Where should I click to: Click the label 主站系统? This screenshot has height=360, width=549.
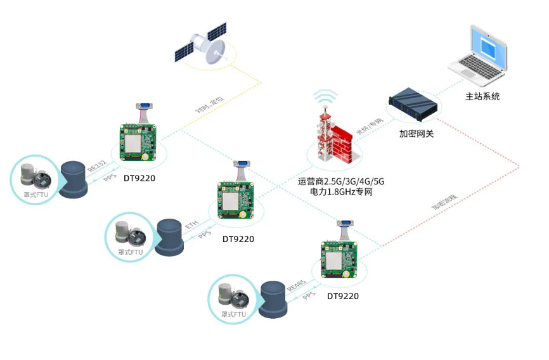pyautogui.click(x=482, y=96)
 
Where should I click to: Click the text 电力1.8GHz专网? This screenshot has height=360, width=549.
pyautogui.click(x=341, y=191)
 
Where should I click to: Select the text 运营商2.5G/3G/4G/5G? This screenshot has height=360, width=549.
pyautogui.click(x=341, y=181)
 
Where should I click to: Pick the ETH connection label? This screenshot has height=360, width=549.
pyautogui.click(x=191, y=225)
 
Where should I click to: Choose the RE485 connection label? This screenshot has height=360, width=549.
pyautogui.click(x=295, y=285)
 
